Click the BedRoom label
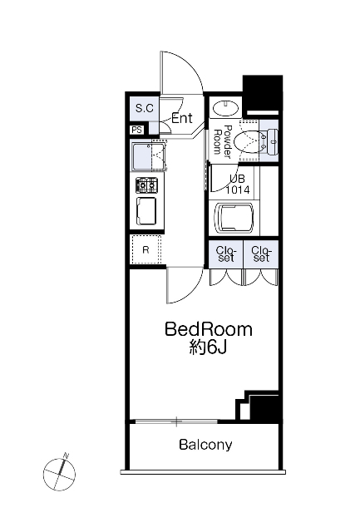click(209, 329)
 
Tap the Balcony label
click(205, 445)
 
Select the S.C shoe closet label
click(145, 109)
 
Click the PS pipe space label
click(137, 130)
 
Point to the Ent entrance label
click(182, 118)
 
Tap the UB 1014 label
click(238, 185)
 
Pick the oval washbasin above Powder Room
click(225, 108)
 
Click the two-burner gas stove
click(147, 185)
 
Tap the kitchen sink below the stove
click(146, 211)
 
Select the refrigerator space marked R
click(145, 249)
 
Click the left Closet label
click(225, 254)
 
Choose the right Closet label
click(261, 254)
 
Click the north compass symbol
click(59, 472)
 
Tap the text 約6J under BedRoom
click(207, 347)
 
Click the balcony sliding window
click(176, 421)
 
